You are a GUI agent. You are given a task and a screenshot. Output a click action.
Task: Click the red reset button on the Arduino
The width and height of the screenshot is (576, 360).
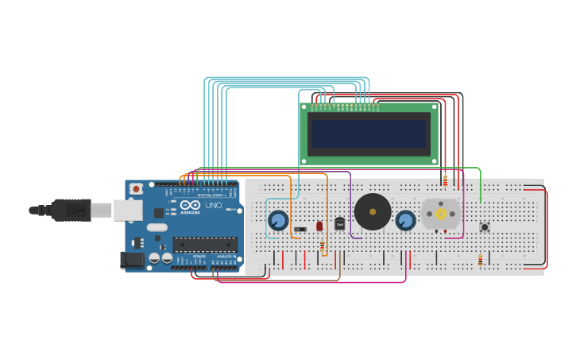point(136,189)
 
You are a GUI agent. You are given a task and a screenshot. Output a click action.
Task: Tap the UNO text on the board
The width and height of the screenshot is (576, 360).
point(214,205)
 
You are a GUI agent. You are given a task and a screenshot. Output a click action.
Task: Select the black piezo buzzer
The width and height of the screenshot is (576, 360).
point(373,211)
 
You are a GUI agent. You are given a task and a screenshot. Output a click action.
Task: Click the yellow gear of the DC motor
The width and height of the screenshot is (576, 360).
point(440,214)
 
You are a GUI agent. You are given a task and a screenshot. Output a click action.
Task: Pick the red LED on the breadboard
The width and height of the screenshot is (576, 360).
point(319,226)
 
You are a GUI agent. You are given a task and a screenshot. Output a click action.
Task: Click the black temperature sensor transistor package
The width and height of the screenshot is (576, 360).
point(340,224)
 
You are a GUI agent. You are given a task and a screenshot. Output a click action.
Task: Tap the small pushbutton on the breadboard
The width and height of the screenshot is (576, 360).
point(485,226)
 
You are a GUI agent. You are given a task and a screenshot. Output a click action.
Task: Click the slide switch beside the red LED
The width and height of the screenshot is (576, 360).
point(300,230)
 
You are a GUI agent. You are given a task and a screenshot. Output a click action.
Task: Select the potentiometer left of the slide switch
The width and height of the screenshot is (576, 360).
point(277,220)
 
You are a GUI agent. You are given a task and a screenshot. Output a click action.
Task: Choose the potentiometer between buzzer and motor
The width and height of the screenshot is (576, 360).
point(405,220)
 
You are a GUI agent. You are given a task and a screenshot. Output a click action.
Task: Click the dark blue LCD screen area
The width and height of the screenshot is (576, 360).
point(369,133)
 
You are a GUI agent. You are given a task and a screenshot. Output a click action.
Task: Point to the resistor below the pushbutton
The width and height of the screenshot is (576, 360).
point(480,260)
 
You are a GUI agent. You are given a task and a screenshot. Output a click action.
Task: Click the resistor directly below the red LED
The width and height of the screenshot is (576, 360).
point(322,246)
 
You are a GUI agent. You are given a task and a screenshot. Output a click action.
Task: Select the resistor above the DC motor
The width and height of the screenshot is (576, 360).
point(445,182)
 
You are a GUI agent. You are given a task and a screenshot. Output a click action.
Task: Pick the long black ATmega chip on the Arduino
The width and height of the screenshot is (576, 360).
point(205,245)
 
